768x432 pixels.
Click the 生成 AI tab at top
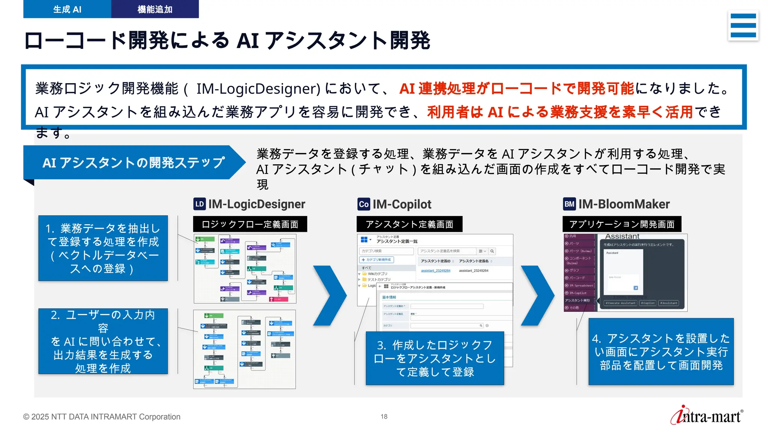click(67, 9)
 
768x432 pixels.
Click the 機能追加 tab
click(155, 9)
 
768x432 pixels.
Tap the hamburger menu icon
click(743, 25)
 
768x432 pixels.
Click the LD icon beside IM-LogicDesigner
click(199, 204)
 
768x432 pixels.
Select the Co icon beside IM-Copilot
click(363, 204)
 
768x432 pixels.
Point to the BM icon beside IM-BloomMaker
click(569, 204)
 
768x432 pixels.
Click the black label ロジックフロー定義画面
click(250, 224)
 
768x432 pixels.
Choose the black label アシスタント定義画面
click(409, 224)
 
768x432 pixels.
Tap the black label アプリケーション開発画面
click(622, 224)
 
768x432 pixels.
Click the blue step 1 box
click(103, 248)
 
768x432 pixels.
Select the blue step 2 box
click(103, 341)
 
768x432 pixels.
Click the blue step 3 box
click(435, 358)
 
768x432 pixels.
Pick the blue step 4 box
click(661, 352)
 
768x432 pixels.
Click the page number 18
click(384, 416)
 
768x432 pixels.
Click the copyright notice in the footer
click(102, 417)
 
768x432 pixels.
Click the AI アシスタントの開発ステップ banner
click(133, 163)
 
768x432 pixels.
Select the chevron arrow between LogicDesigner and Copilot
click(330, 295)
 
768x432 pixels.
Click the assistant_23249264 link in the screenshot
click(435, 271)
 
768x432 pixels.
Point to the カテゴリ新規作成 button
click(376, 259)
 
